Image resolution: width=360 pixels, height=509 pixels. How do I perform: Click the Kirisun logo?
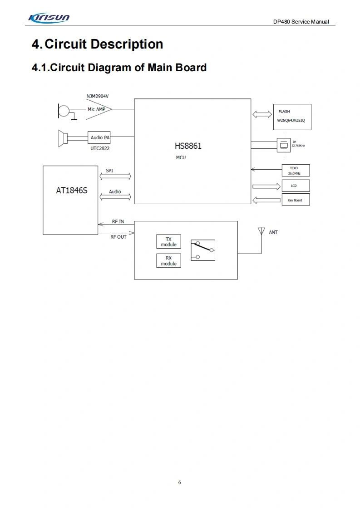tap(49, 18)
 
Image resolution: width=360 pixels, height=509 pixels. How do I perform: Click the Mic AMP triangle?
tap(97, 109)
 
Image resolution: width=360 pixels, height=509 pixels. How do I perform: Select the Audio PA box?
tap(99, 137)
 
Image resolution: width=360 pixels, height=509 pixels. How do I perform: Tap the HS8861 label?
tap(188, 146)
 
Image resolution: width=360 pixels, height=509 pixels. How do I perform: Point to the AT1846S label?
tap(71, 191)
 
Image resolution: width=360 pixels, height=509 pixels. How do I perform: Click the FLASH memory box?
tap(292, 117)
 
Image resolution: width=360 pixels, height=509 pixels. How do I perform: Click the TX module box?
tap(168, 242)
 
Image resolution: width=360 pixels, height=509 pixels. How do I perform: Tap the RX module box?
tap(168, 261)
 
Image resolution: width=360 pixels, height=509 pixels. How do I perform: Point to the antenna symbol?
tap(261, 231)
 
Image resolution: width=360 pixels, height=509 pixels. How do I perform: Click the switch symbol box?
tap(203, 250)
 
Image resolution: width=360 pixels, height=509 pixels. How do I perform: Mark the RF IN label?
tap(118, 222)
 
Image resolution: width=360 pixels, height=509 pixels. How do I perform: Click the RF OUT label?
tap(118, 237)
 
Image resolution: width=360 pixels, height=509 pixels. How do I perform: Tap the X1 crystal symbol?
tap(284, 145)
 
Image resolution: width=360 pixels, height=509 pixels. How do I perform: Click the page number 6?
tap(180, 482)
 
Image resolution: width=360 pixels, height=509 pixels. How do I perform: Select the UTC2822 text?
tap(99, 148)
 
